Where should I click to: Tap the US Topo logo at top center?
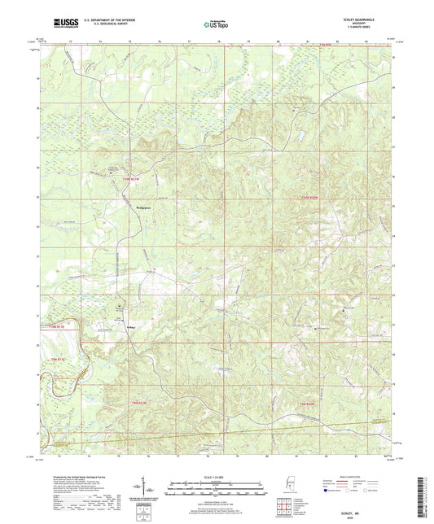coord(215,24)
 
